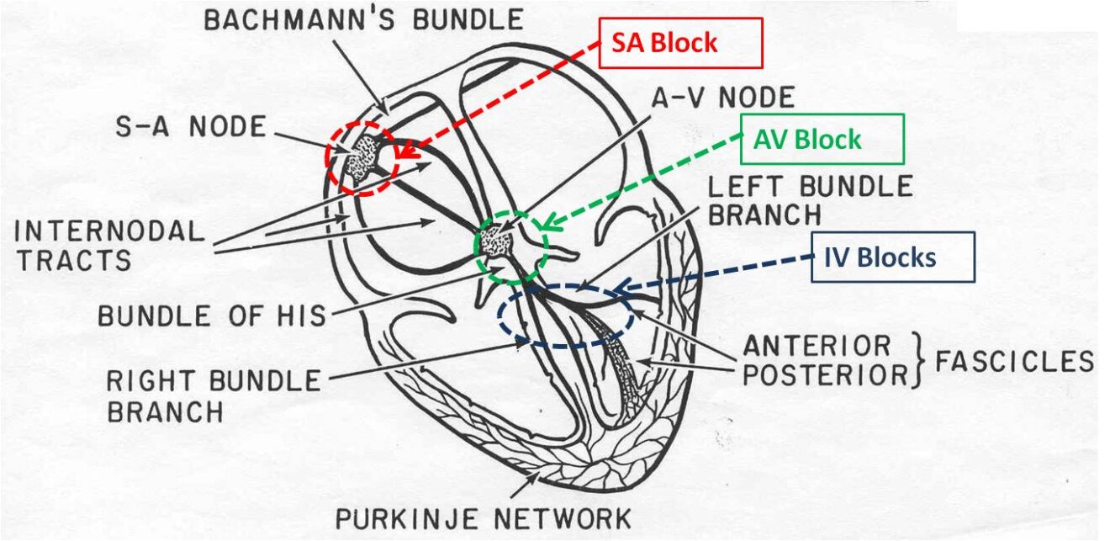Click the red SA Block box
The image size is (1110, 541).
[680, 43]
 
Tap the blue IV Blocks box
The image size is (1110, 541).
[893, 257]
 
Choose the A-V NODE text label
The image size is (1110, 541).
[724, 98]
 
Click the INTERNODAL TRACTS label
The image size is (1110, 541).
[110, 245]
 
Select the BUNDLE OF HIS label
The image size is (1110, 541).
[211, 316]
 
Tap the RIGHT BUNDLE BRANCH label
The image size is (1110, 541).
[213, 395]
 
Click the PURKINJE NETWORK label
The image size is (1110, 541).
[483, 517]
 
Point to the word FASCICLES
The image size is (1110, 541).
[1014, 362]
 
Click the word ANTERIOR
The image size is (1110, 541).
[816, 346]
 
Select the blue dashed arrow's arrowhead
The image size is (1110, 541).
[616, 291]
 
